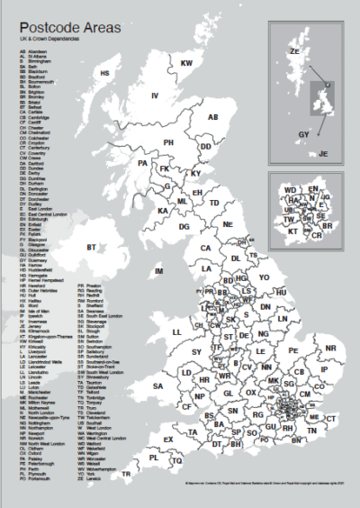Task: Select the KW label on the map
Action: coord(187,63)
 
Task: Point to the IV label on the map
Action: coord(155,95)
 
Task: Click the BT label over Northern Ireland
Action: coord(90,246)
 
